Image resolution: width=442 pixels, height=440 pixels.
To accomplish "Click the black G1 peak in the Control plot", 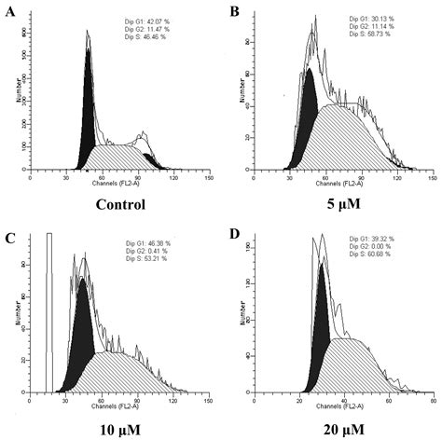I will click(90, 112).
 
